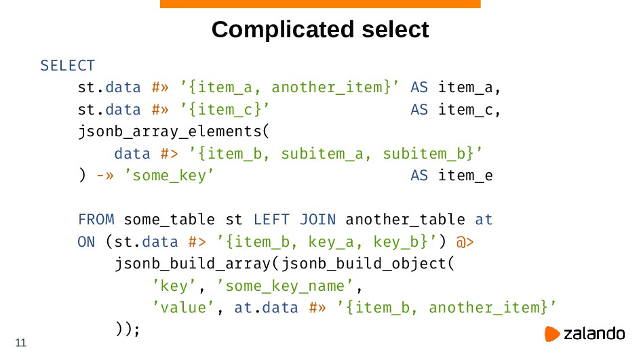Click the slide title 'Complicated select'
[320, 30]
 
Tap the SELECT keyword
[67, 66]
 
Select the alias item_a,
[469, 87]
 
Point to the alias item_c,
[469, 110]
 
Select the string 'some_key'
[169, 176]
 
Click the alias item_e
[465, 176]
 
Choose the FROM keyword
[96, 220]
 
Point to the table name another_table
[405, 220]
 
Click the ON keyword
[86, 241]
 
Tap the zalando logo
[585, 334]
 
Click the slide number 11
[20, 343]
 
